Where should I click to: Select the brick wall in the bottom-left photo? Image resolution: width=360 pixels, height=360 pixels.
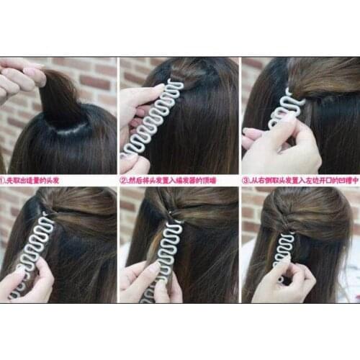coord(11,209)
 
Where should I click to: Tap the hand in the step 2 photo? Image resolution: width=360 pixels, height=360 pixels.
coord(137,108)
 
